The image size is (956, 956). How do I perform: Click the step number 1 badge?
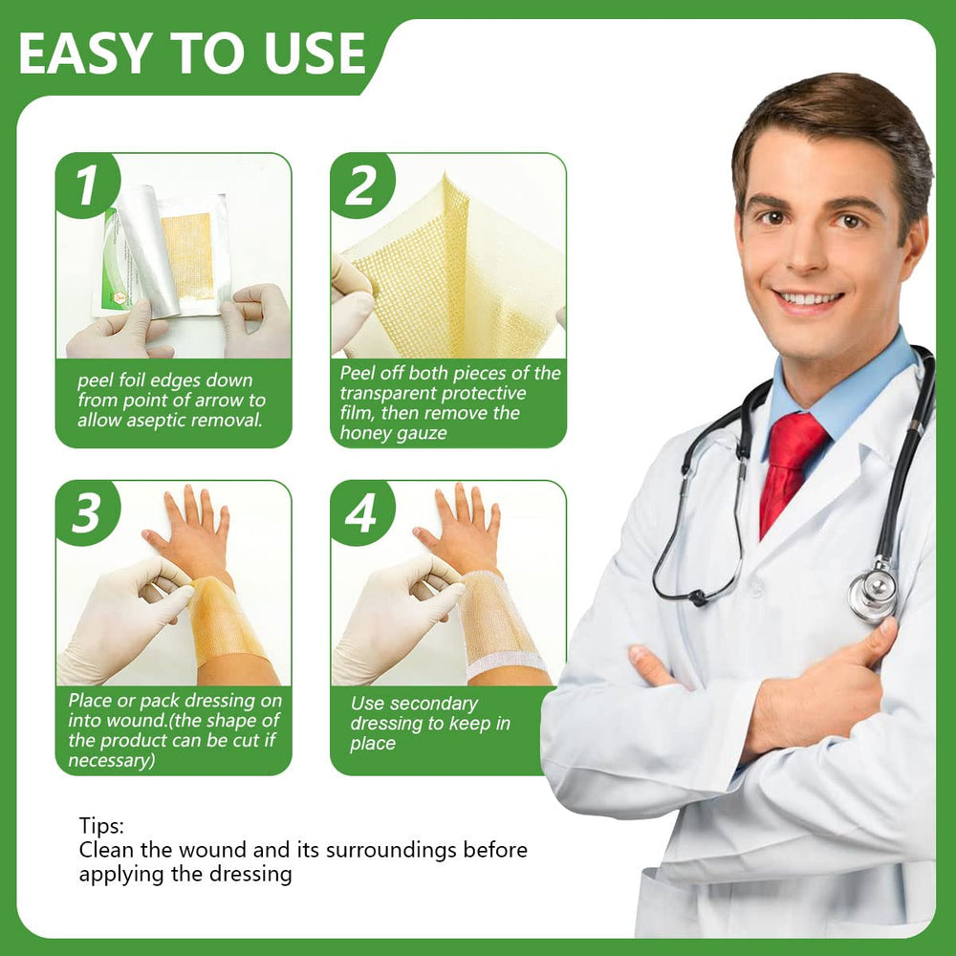point(87,185)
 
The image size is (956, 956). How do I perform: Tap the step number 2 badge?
point(362,185)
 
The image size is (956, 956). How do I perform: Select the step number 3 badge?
point(87,512)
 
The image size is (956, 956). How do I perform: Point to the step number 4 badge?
point(362,512)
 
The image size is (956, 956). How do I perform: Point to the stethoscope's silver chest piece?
point(874,590)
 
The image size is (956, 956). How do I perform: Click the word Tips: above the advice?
point(101,826)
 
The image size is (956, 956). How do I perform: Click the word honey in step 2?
point(360,433)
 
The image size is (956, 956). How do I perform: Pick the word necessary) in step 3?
point(112,760)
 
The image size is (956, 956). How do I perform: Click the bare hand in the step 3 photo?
point(191,534)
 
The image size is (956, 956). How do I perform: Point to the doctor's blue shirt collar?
point(844,390)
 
